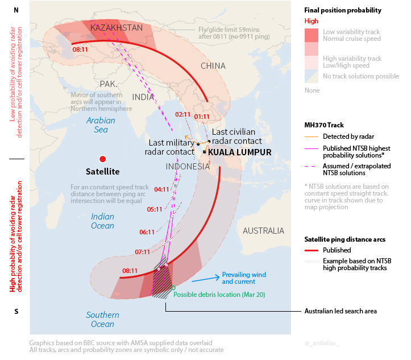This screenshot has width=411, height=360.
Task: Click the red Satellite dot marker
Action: [102, 159]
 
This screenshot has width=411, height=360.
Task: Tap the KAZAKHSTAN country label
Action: [117, 27]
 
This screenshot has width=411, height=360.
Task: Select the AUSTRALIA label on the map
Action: [263, 230]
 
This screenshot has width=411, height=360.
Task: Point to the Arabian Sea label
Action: [101, 125]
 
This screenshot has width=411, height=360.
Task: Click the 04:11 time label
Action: [162, 189]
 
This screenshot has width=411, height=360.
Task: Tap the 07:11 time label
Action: [143, 252]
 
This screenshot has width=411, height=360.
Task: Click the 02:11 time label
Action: [183, 114]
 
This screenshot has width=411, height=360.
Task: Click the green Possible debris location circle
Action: [173, 288]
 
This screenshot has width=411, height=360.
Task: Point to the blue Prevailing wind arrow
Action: [205, 279]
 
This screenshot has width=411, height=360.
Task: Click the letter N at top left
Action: [16, 10]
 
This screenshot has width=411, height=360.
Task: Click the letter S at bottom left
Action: [16, 311]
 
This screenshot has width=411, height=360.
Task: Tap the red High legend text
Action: [312, 21]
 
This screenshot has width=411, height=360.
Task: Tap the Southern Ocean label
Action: [102, 320]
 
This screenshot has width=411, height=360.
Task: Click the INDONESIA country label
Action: [188, 167]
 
